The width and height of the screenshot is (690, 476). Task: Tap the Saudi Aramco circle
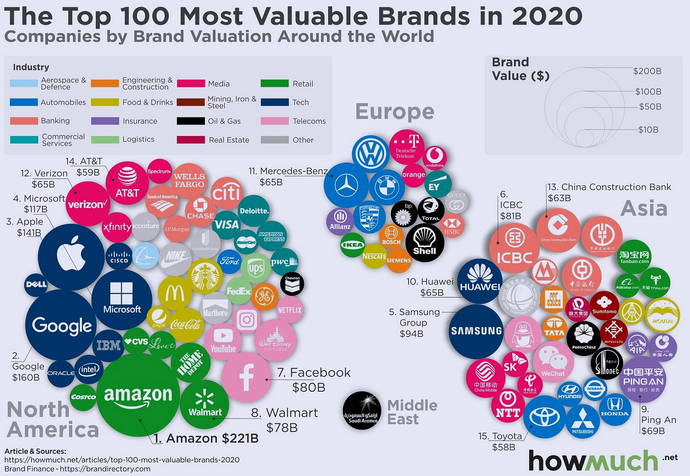pyautogui.click(x=362, y=410)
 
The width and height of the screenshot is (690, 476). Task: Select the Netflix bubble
pyautogui.click(x=290, y=310)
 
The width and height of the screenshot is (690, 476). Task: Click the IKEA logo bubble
pyautogui.click(x=353, y=245)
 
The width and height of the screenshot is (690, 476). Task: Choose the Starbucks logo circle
pyautogui.click(x=205, y=276)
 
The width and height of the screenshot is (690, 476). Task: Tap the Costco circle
pyautogui.click(x=83, y=397)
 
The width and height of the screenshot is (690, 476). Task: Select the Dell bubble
pyautogui.click(x=36, y=285)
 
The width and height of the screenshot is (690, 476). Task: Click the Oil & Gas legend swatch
pyautogui.click(x=191, y=121)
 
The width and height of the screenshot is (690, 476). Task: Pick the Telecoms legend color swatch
pyautogui.click(x=275, y=121)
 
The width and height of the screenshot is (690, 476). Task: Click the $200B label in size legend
pyautogui.click(x=647, y=71)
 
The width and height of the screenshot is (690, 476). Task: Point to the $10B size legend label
pyautogui.click(x=648, y=130)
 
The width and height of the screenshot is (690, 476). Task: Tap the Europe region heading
pyautogui.click(x=395, y=111)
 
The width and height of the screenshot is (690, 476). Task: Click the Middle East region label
pyautogui.click(x=412, y=412)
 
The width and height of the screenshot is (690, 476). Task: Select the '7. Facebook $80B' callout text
pyautogui.click(x=313, y=379)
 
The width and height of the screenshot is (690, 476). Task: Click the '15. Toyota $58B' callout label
pyautogui.click(x=500, y=441)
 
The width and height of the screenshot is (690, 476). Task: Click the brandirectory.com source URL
pyautogui.click(x=105, y=469)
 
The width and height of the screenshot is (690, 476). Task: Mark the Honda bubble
pyautogui.click(x=615, y=407)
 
